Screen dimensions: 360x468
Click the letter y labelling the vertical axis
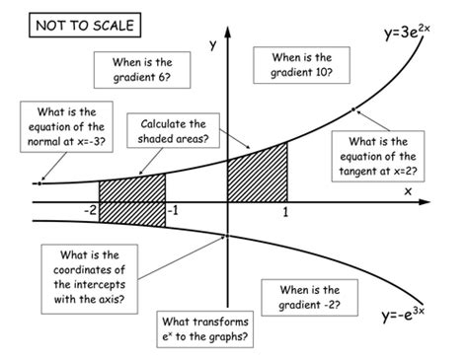[x=211, y=44]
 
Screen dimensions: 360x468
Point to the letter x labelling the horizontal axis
[x=407, y=190]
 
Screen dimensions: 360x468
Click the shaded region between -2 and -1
[x=131, y=189]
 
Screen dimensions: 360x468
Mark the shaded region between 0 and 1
[x=257, y=175]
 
